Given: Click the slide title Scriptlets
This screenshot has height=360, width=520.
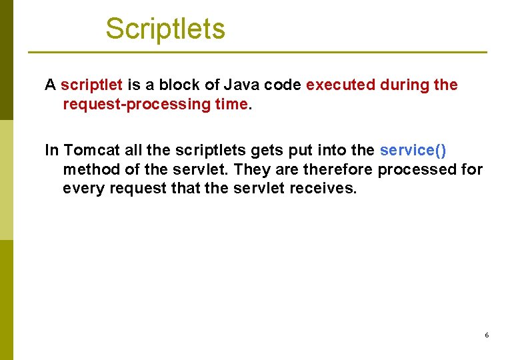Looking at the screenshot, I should pyautogui.click(x=165, y=29).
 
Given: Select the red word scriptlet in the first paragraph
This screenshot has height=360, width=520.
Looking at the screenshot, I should pyautogui.click(x=91, y=85).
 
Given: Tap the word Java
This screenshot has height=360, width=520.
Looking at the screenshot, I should pyautogui.click(x=242, y=85).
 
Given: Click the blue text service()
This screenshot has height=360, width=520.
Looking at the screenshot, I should pyautogui.click(x=413, y=151).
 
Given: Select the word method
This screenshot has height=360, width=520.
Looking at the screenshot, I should pyautogui.click(x=89, y=169).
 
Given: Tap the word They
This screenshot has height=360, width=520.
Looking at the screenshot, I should pyautogui.click(x=251, y=169).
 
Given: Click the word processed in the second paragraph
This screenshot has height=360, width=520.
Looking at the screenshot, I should pyautogui.click(x=417, y=169).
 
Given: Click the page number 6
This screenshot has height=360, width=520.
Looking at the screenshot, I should pyautogui.click(x=487, y=335).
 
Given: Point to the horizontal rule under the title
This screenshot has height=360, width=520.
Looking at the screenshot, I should pyautogui.click(x=257, y=52).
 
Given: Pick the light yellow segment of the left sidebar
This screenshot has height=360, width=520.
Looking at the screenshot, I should pyautogui.click(x=6, y=180).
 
